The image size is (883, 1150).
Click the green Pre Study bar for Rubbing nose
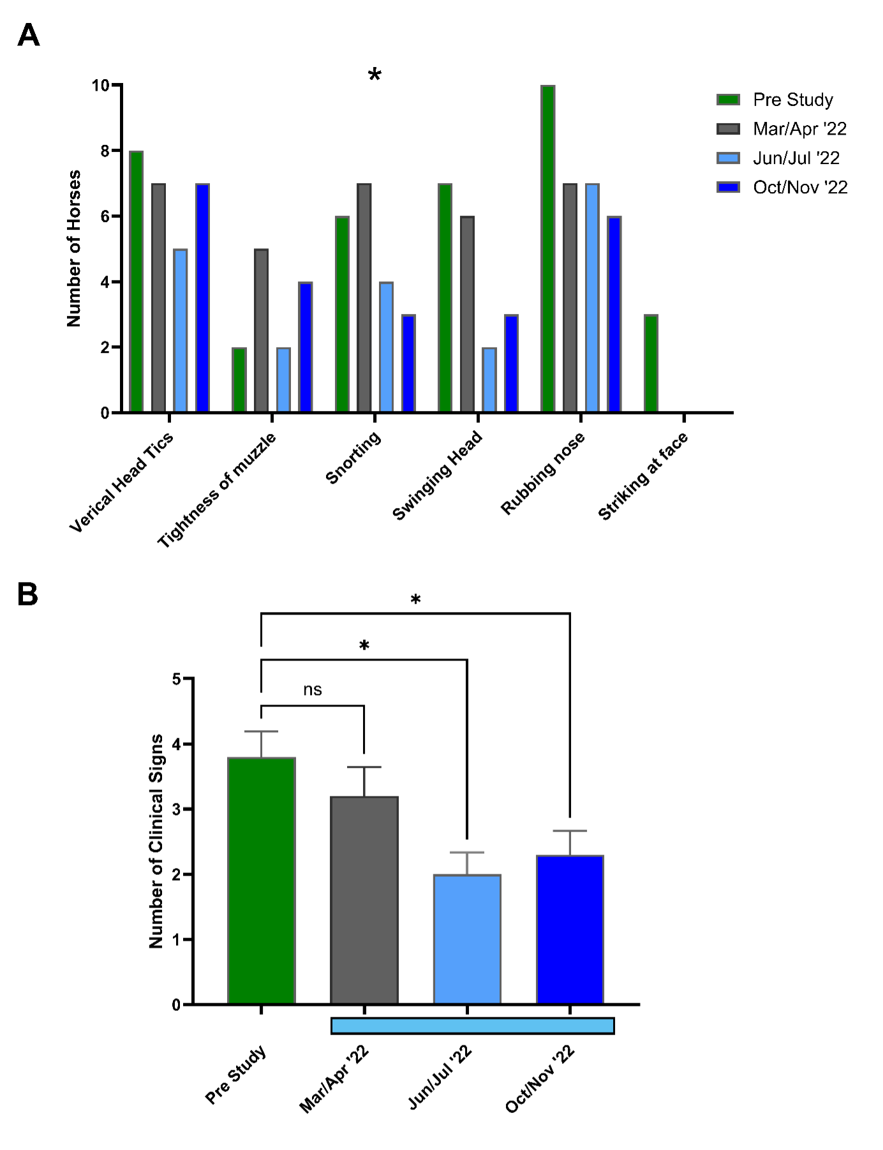(x=547, y=249)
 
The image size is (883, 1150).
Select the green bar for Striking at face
(x=651, y=364)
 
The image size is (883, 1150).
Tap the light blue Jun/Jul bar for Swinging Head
(x=489, y=380)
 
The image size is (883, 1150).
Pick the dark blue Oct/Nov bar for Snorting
(x=408, y=364)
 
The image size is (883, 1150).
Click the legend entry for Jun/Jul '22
(x=796, y=158)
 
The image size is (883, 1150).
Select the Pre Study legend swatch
(x=728, y=100)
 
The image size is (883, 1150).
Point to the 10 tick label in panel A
(x=100, y=86)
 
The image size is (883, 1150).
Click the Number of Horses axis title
(x=74, y=249)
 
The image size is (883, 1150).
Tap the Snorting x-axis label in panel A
(x=353, y=458)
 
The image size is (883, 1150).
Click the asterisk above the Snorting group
(x=375, y=75)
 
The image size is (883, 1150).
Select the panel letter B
(x=27, y=594)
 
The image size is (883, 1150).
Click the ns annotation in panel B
(x=313, y=690)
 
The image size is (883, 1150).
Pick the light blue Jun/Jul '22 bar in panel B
(x=467, y=939)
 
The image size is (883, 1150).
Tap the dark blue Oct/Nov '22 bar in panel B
(x=570, y=930)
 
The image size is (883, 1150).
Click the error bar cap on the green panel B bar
(x=261, y=731)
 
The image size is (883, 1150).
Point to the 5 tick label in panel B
(x=177, y=679)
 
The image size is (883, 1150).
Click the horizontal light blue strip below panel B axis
(x=472, y=1026)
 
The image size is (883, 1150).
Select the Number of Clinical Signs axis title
(x=156, y=841)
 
